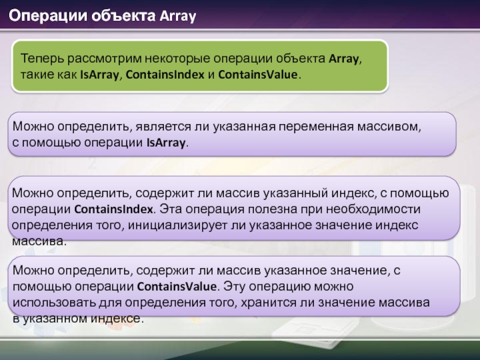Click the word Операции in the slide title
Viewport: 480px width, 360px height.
pos(48,16)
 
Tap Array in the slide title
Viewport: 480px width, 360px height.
pos(178,16)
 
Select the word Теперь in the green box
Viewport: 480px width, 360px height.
pos(42,58)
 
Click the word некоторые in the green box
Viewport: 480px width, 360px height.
pos(177,58)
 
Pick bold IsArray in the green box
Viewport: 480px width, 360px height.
pos(99,74)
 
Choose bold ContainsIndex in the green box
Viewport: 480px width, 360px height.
pos(165,74)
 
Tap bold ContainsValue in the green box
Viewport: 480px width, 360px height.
pos(258,74)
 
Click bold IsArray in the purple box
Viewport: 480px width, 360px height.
pos(166,143)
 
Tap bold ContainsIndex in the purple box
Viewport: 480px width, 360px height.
pos(113,209)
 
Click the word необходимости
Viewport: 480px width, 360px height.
pos(373,209)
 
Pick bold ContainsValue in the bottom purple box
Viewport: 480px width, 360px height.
pos(177,286)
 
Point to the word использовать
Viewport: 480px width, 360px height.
pos(54,302)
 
